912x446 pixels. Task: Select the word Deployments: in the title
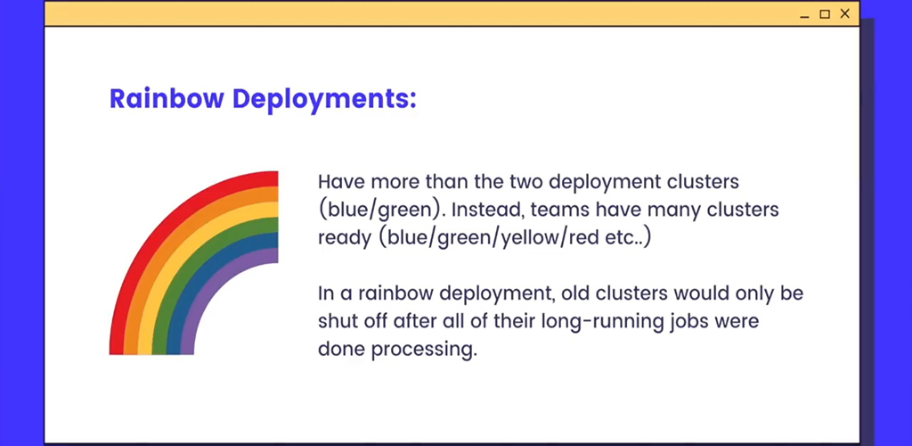tap(324, 100)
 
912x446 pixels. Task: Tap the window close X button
tap(845, 13)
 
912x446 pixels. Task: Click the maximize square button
tap(825, 14)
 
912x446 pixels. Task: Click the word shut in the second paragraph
tap(336, 321)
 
